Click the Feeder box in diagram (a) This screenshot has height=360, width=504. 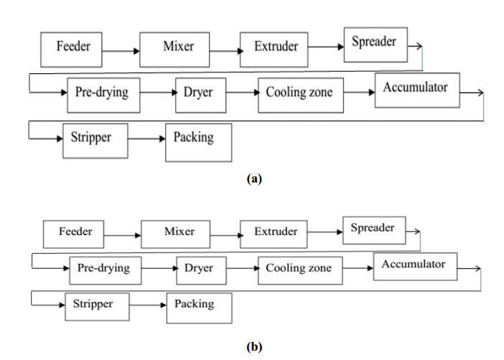click(x=73, y=49)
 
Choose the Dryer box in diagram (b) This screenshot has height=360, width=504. click(x=199, y=269)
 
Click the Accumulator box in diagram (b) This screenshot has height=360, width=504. click(x=413, y=265)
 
